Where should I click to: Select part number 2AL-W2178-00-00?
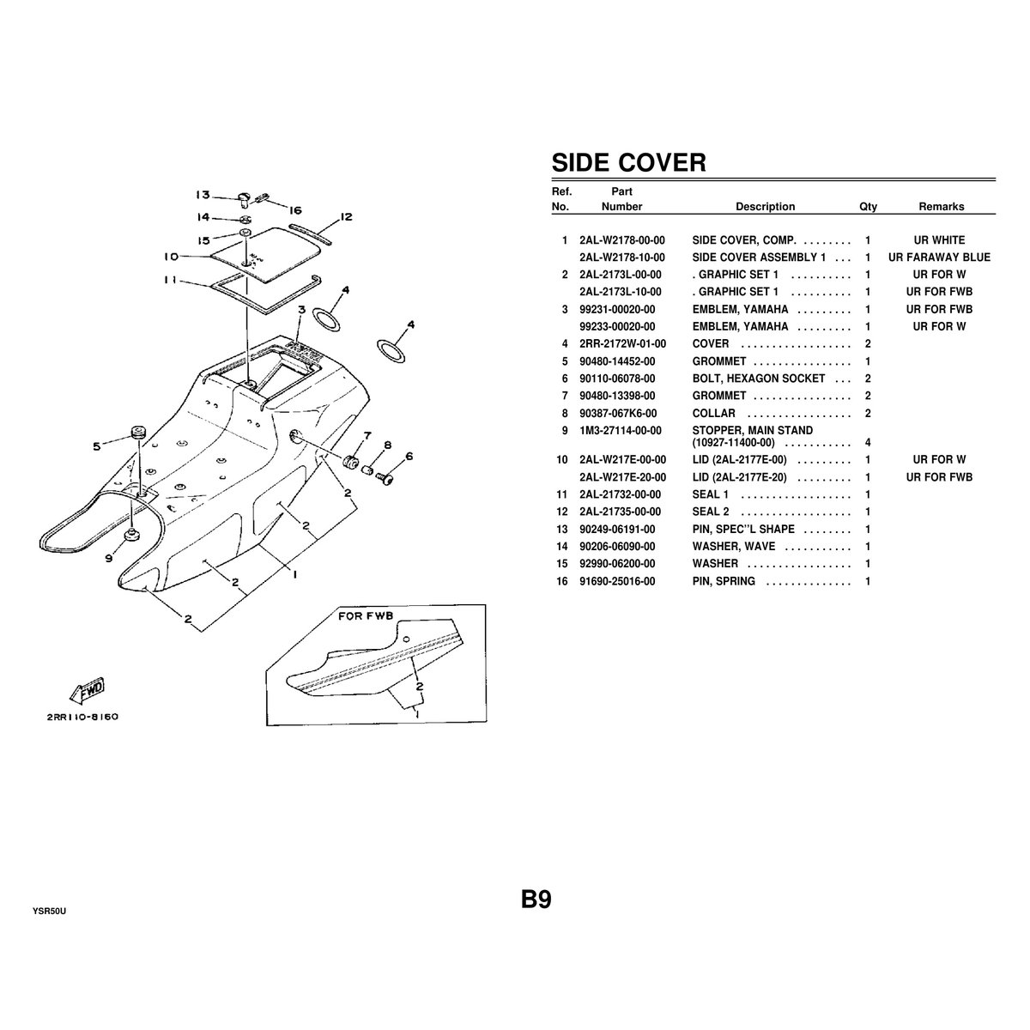pos(621,240)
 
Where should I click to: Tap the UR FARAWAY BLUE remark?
pos(939,257)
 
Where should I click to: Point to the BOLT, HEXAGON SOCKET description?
pos(758,379)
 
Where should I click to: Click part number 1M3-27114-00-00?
pos(621,430)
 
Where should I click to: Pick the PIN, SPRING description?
pos(724,581)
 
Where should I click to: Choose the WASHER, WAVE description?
pos(733,547)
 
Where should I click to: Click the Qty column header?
pos(868,207)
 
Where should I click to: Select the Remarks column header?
pos(941,207)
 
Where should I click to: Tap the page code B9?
pos(536,900)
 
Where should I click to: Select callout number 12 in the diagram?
pos(346,217)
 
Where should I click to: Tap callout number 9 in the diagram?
pos(108,558)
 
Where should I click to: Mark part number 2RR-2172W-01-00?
pos(621,344)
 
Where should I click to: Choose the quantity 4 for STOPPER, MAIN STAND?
pos(868,443)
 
